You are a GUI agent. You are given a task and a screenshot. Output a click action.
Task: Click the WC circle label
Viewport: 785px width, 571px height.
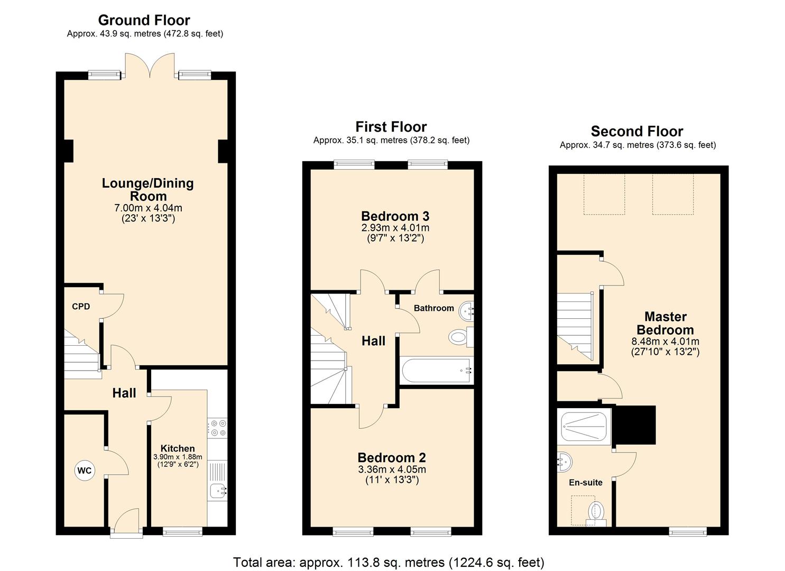pyautogui.click(x=85, y=471)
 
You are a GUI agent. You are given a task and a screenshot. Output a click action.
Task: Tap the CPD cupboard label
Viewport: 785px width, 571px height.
pyautogui.click(x=81, y=307)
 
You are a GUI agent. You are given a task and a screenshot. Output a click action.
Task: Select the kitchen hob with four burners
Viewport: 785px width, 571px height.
pyautogui.click(x=218, y=428)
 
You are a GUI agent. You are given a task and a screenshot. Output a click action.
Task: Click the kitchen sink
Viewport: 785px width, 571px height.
pyautogui.click(x=218, y=491)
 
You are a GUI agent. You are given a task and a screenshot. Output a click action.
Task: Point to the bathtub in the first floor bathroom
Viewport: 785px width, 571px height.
pyautogui.click(x=436, y=371)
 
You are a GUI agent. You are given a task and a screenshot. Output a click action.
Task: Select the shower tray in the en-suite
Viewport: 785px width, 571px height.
pyautogui.click(x=584, y=427)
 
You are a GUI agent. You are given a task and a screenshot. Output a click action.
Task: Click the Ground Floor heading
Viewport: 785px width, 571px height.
pyautogui.click(x=144, y=20)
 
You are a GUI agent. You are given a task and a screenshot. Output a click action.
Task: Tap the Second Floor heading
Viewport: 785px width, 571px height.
pyautogui.click(x=636, y=131)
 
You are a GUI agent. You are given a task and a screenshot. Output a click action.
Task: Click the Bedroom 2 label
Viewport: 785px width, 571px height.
pyautogui.click(x=392, y=457)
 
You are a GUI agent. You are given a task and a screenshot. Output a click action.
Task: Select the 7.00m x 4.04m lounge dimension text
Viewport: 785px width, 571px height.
pyautogui.click(x=148, y=208)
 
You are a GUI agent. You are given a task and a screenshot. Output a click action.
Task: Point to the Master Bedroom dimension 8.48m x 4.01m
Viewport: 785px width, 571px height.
pyautogui.click(x=665, y=342)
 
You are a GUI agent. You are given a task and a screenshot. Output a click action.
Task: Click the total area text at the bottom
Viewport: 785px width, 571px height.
pyautogui.click(x=389, y=562)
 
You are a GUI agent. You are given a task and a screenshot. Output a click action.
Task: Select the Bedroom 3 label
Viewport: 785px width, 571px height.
pyautogui.click(x=395, y=216)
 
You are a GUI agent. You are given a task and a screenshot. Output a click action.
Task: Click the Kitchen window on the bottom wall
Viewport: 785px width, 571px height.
pyautogui.click(x=182, y=531)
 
